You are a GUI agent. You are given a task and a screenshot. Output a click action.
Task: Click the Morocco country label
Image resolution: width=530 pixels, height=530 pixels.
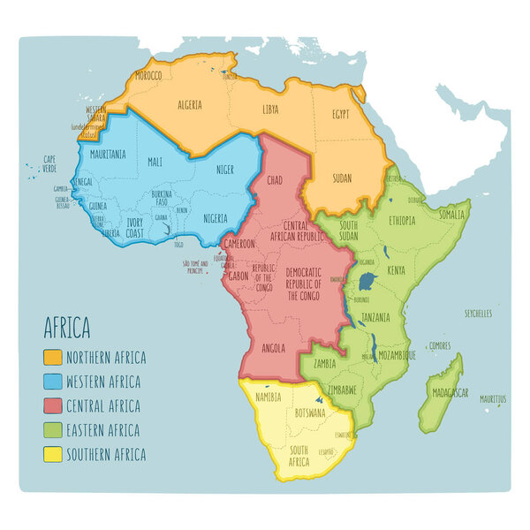click(x=148, y=77)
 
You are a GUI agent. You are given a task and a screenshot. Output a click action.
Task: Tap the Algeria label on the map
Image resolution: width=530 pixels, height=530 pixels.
click(x=190, y=104)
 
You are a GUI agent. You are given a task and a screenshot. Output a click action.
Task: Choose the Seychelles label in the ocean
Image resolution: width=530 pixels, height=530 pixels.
click(x=478, y=314)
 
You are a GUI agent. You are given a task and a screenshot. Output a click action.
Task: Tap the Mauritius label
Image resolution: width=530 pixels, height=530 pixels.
click(x=494, y=400)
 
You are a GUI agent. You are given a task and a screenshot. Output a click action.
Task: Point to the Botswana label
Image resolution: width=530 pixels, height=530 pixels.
click(x=310, y=413)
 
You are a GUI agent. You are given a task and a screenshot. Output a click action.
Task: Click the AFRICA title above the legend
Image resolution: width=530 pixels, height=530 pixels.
click(x=67, y=329)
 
